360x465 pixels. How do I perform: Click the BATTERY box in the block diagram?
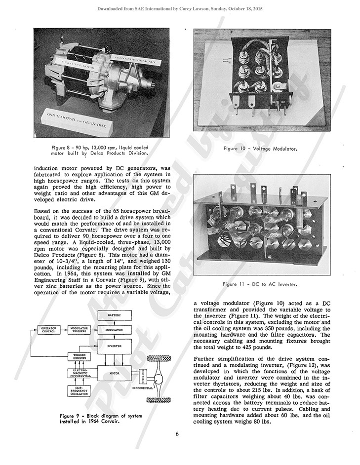click(x=114, y=315)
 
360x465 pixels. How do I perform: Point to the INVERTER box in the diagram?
click(x=114, y=346)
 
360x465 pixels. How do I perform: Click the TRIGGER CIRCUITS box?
click(x=80, y=356)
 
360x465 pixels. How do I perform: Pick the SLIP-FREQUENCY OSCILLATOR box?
click(x=80, y=391)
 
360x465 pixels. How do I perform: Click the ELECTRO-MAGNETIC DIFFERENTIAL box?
click(x=80, y=373)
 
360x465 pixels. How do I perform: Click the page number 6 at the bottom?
click(x=177, y=434)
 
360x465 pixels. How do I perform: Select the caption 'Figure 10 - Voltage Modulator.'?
click(x=262, y=148)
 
